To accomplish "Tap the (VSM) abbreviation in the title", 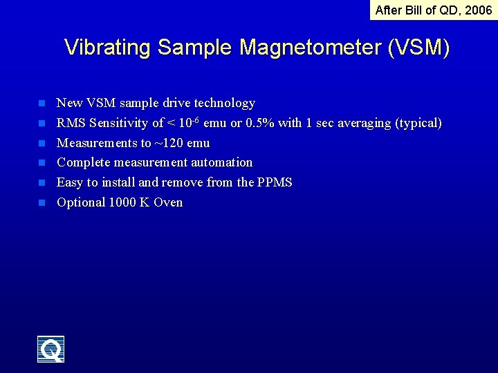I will pos(419,48).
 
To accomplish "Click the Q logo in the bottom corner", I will pos(50,350).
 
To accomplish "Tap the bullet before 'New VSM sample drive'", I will pos(41,104).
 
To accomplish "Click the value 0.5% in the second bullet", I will pos(260,123).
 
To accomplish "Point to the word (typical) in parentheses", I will pos(418,123).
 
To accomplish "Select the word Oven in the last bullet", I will pos(168,202).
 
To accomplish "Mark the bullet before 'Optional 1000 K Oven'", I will pos(41,203).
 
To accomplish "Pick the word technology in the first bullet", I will pos(224,103).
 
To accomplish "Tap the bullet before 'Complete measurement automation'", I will pos(41,163).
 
